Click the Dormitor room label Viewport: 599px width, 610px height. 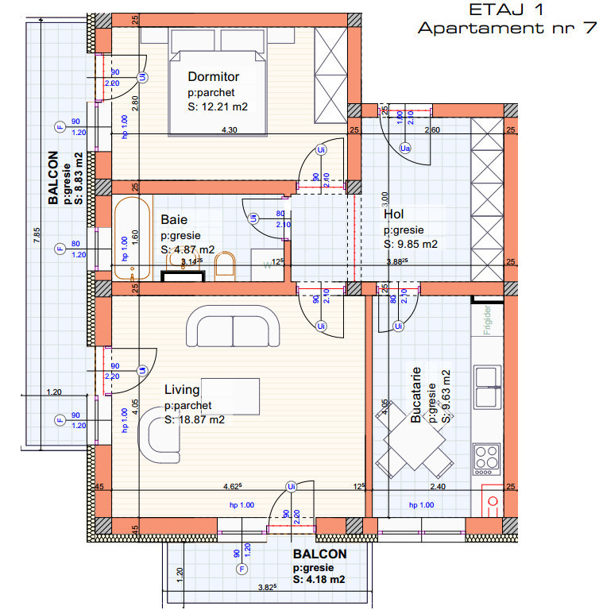click(x=214, y=77)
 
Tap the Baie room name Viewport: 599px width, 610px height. click(x=174, y=219)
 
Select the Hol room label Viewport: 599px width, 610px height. click(x=394, y=214)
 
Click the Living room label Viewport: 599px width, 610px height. click(x=182, y=390)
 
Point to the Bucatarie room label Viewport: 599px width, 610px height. click(x=415, y=405)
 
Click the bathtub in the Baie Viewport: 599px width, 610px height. click(x=129, y=237)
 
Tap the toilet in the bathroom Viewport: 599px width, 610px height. click(x=226, y=266)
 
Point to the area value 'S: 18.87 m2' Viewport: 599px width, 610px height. click(x=195, y=420)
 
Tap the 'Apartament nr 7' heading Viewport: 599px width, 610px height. click(x=507, y=29)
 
